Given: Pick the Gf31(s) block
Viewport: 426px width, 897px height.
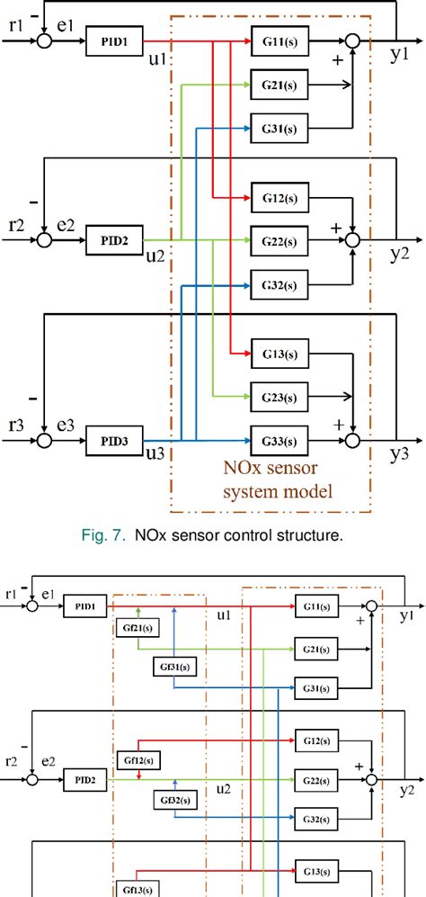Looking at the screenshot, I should point(175,668).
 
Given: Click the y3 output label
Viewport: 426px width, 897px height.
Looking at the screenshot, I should point(400,456).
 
